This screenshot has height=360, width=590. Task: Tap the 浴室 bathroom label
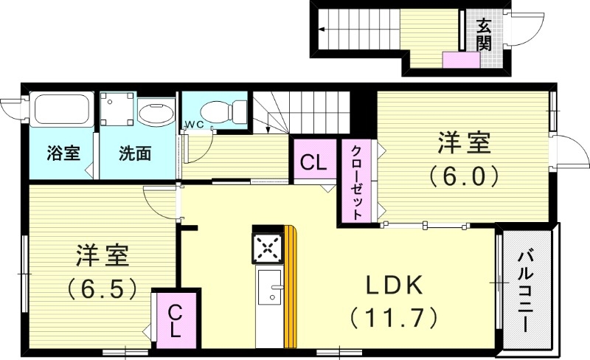pos(59,154)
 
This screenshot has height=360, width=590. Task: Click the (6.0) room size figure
pos(465,176)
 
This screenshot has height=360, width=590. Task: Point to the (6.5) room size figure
pos(103,288)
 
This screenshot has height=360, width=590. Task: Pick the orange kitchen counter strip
pos(291,288)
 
